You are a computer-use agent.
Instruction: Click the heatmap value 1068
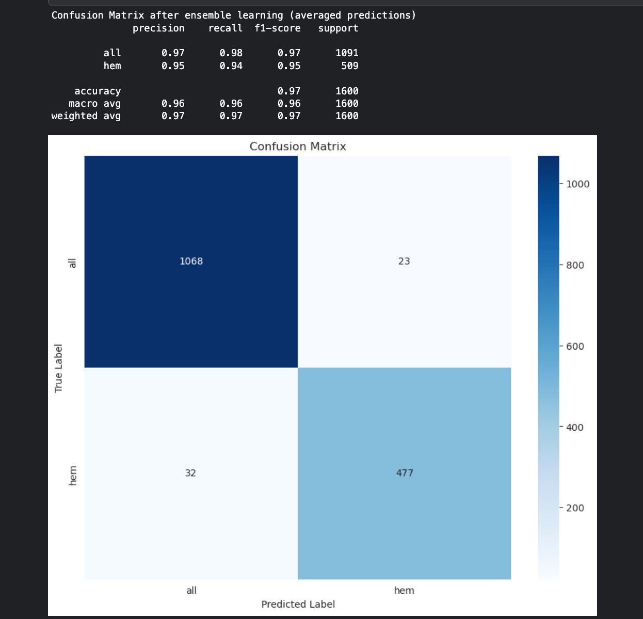point(191,261)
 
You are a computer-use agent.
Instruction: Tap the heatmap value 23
point(404,261)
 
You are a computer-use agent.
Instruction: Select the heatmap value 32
point(190,473)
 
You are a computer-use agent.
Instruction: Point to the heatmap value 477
point(405,473)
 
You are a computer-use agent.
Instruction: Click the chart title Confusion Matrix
point(298,146)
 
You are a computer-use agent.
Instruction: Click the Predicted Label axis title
point(298,604)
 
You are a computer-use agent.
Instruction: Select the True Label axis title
point(58,368)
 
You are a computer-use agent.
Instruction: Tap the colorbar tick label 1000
point(577,184)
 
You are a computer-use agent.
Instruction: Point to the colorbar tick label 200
point(575,508)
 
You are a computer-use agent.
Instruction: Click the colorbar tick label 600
point(575,346)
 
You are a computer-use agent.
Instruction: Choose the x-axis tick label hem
point(404,591)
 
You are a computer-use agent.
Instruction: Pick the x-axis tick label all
point(191,591)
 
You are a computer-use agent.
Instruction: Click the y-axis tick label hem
point(73,475)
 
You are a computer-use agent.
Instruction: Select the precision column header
point(158,28)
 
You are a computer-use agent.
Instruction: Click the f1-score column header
point(278,28)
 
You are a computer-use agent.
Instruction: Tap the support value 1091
point(347,53)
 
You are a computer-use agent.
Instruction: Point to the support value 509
point(349,66)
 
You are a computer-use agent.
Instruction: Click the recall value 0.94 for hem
point(231,66)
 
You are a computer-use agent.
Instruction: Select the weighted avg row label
point(86,116)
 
